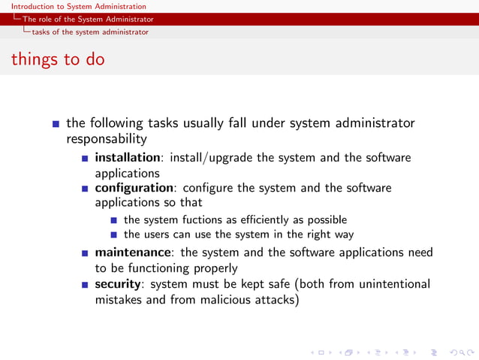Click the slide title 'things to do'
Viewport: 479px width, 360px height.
[x=58, y=59]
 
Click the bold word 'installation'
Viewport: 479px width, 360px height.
[x=128, y=158]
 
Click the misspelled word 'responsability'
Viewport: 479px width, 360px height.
[x=106, y=139]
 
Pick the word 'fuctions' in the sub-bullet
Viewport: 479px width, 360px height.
[x=176, y=220]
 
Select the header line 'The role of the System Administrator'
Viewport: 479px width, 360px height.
[x=88, y=19]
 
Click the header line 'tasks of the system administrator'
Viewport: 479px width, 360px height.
[x=89, y=32]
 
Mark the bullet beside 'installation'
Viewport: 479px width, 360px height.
[x=85, y=159]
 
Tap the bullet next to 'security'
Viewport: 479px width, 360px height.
[x=85, y=285]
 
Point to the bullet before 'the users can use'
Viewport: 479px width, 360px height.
[x=113, y=235]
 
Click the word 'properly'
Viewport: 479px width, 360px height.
[x=212, y=268]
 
